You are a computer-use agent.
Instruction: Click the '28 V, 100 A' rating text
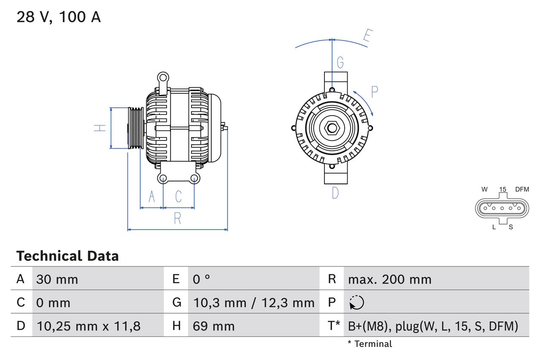[x=59, y=17]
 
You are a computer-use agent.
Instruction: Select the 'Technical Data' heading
[x=67, y=256]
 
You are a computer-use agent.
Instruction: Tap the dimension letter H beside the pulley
[x=100, y=128]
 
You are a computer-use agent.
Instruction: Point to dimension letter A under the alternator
[x=152, y=196]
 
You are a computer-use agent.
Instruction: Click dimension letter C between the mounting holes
[x=178, y=196]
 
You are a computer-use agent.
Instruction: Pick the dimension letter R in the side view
[x=178, y=218]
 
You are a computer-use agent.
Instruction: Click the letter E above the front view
[x=367, y=37]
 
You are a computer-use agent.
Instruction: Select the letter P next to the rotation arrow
[x=374, y=92]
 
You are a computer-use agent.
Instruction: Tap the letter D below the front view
[x=335, y=193]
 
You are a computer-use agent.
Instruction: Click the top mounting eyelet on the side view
[x=162, y=78]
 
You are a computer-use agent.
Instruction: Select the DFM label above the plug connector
[x=522, y=189]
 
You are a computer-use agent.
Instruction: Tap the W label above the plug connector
[x=485, y=189]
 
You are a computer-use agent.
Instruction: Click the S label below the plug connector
[x=510, y=227]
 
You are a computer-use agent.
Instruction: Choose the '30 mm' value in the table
[x=57, y=279]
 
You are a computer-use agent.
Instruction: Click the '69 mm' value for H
[x=213, y=326]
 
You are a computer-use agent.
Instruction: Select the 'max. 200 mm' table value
[x=390, y=279]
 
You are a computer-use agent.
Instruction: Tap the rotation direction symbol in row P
[x=356, y=303]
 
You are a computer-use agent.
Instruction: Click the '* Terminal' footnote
[x=370, y=344]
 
